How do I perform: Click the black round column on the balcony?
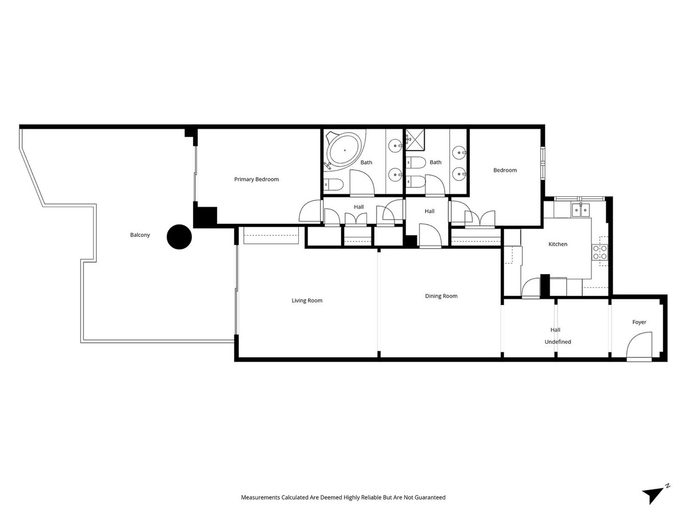[179, 237]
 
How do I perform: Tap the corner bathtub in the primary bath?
[345, 151]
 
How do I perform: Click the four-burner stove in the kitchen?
[599, 252]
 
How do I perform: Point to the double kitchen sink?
[581, 210]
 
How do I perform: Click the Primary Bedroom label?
[256, 179]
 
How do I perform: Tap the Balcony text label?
[140, 235]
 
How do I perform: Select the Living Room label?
[307, 300]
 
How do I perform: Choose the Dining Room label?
[441, 296]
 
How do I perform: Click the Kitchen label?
[558, 244]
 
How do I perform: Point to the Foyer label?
[639, 322]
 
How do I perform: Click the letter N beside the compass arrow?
[667, 486]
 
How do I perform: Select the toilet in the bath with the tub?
[333, 184]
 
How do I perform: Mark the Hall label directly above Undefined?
[555, 330]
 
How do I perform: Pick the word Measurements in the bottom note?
[261, 497]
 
